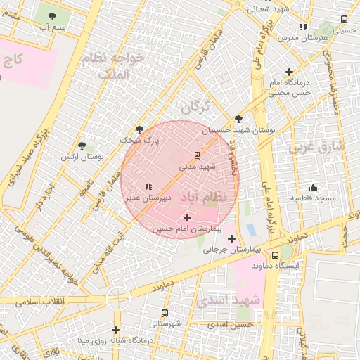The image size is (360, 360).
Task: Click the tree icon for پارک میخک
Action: click(139, 129)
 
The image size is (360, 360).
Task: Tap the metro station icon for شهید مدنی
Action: click(198, 155)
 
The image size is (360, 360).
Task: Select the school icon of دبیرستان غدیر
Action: click(148, 186)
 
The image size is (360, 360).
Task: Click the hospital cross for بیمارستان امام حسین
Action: click(186, 218)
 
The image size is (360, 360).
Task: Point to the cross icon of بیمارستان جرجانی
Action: click(231, 238)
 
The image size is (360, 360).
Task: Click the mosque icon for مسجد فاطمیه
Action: click(314, 187)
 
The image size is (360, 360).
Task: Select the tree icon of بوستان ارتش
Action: click(82, 146)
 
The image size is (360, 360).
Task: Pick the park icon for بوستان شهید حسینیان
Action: click(238, 119)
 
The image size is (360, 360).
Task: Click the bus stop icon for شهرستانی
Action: click(165, 313)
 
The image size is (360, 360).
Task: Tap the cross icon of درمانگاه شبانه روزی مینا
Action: click(115, 330)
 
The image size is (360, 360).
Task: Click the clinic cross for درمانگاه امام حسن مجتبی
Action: click(289, 72)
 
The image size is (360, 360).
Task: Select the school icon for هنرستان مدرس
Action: click(303, 27)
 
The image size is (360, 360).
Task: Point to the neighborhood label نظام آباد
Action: click(205, 198)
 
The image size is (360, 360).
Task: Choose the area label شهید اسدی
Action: click(229, 300)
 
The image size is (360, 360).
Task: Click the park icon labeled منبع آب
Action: click(54, 15)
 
